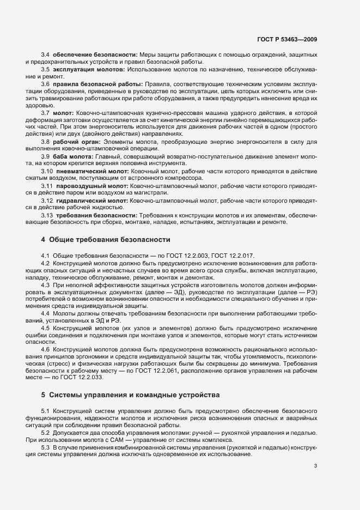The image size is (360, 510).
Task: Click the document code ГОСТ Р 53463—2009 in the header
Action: click(x=287, y=39)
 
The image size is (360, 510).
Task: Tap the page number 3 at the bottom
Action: click(x=316, y=466)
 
